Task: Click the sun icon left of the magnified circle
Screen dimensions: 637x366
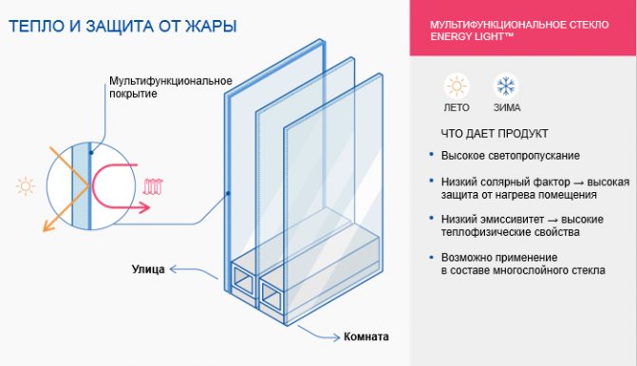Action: [24, 184]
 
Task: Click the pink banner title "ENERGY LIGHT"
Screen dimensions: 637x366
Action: [484, 36]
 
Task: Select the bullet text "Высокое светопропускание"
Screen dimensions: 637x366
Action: [511, 155]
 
